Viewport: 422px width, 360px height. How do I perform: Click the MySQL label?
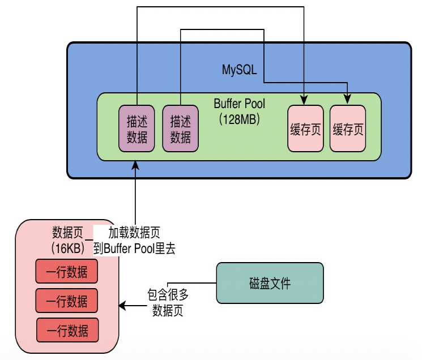coord(239,70)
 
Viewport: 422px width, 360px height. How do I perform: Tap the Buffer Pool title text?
coord(239,104)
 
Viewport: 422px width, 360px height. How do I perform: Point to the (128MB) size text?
coord(239,119)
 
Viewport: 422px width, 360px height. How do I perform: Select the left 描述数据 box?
coord(137,128)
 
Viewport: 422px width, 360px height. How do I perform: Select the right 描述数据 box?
coord(181,128)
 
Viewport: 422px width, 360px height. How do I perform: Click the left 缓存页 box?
coord(305,128)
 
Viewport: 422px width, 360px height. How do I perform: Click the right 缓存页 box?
coord(348,128)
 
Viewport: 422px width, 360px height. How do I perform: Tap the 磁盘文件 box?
coord(270,283)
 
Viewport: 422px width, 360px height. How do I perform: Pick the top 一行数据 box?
coord(67,271)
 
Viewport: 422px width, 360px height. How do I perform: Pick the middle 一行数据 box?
coord(67,301)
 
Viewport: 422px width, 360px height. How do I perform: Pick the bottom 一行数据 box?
coord(67,330)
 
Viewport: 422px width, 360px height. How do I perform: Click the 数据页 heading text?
coord(67,233)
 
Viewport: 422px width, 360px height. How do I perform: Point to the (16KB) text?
coord(67,248)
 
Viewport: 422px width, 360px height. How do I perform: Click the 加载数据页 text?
coord(134,233)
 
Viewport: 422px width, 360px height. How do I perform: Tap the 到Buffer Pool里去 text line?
coord(134,248)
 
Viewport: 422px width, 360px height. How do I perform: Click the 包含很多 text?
coord(168,295)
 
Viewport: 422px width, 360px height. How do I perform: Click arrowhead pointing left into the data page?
coord(122,306)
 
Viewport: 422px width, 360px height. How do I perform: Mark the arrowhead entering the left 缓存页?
coord(304,101)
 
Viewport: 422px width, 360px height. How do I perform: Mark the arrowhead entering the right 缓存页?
coord(347,100)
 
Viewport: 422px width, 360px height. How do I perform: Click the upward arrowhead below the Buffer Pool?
coord(135,165)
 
